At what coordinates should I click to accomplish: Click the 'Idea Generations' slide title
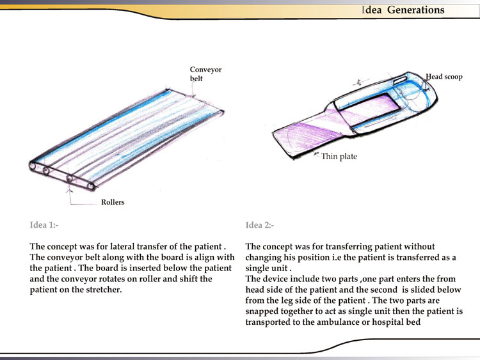[x=403, y=10]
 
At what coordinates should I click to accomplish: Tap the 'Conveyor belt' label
[x=205, y=74]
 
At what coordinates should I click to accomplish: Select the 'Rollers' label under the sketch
[x=113, y=203]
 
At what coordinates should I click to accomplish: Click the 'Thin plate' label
[x=339, y=157]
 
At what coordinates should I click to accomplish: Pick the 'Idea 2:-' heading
[x=260, y=225]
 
